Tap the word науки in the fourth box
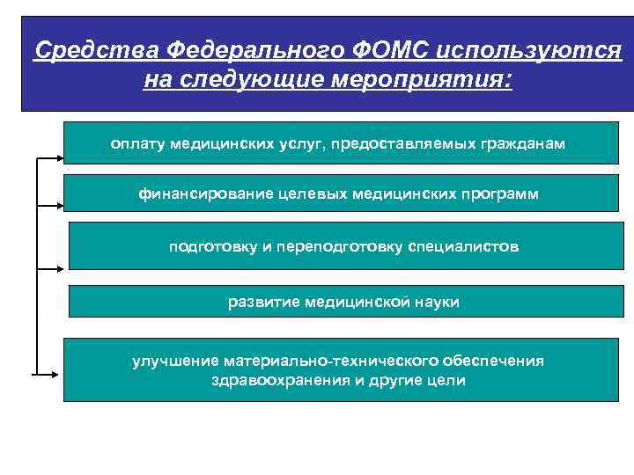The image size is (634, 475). tap(434, 302)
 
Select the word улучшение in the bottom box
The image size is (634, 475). tap(175, 361)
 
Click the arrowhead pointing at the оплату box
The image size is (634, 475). tap(60, 159)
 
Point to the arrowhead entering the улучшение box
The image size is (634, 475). tap(59, 374)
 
